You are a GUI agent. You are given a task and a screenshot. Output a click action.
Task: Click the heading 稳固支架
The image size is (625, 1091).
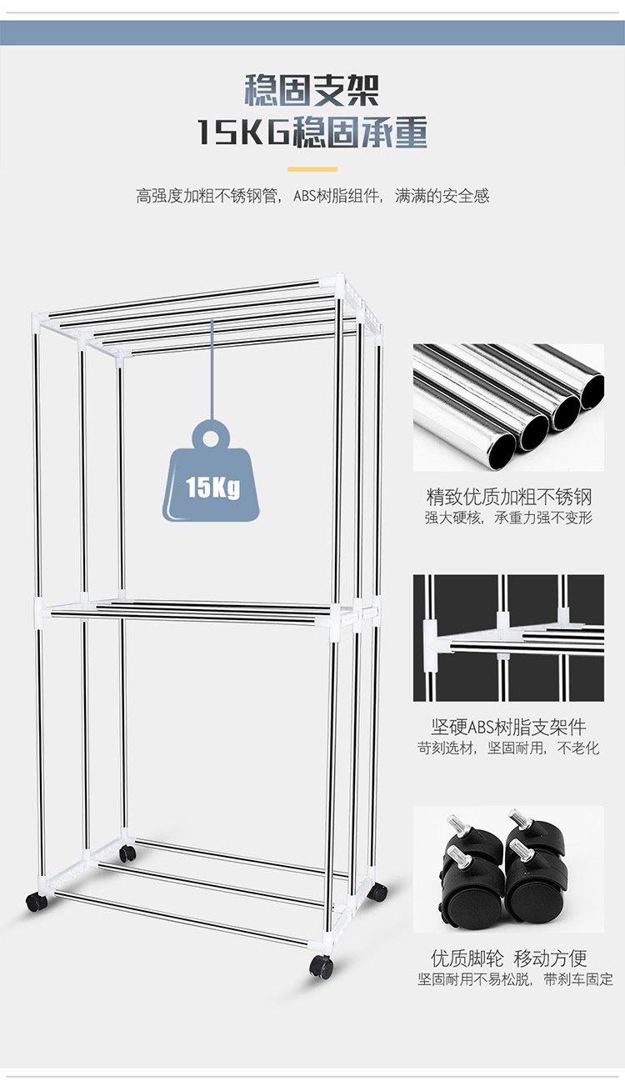pyautogui.click(x=312, y=90)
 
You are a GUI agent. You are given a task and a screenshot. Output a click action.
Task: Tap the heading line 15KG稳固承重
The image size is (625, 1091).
pyautogui.click(x=312, y=133)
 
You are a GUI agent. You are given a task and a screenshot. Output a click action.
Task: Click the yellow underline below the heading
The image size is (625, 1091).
pyautogui.click(x=312, y=169)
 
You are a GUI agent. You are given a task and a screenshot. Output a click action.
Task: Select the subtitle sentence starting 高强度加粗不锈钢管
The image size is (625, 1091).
pyautogui.click(x=312, y=197)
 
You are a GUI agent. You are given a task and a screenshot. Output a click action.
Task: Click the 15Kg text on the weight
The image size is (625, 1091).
pyautogui.click(x=212, y=487)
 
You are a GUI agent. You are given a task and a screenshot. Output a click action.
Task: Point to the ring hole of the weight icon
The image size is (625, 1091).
pyautogui.click(x=213, y=436)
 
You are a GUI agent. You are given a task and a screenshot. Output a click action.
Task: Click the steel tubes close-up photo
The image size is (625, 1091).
pyautogui.click(x=508, y=407)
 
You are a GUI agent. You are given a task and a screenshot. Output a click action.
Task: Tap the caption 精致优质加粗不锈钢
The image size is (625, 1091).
pyautogui.click(x=508, y=498)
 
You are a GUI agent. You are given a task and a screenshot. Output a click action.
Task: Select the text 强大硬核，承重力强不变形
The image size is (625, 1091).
pyautogui.click(x=508, y=518)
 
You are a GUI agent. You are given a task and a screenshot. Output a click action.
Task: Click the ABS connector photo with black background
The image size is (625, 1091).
pyautogui.click(x=508, y=638)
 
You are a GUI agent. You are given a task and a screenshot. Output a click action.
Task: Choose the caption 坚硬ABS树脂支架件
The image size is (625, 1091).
pyautogui.click(x=508, y=728)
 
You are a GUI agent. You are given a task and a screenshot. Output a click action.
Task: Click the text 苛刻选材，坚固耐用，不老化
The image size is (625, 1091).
pyautogui.click(x=508, y=748)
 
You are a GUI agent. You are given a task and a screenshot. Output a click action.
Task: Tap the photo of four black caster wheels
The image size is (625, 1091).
pyautogui.click(x=508, y=868)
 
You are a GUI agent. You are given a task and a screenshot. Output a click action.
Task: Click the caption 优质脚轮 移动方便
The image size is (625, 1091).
pyautogui.click(x=508, y=958)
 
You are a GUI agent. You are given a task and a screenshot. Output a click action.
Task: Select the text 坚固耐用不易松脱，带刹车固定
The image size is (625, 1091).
pyautogui.click(x=515, y=978)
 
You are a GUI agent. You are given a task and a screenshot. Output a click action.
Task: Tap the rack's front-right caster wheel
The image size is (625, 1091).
pyautogui.click(x=321, y=967)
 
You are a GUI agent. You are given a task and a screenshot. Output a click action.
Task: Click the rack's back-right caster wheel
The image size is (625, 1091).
pyautogui.click(x=379, y=892)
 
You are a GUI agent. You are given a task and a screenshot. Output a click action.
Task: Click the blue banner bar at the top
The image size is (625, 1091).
pyautogui.click(x=312, y=33)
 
